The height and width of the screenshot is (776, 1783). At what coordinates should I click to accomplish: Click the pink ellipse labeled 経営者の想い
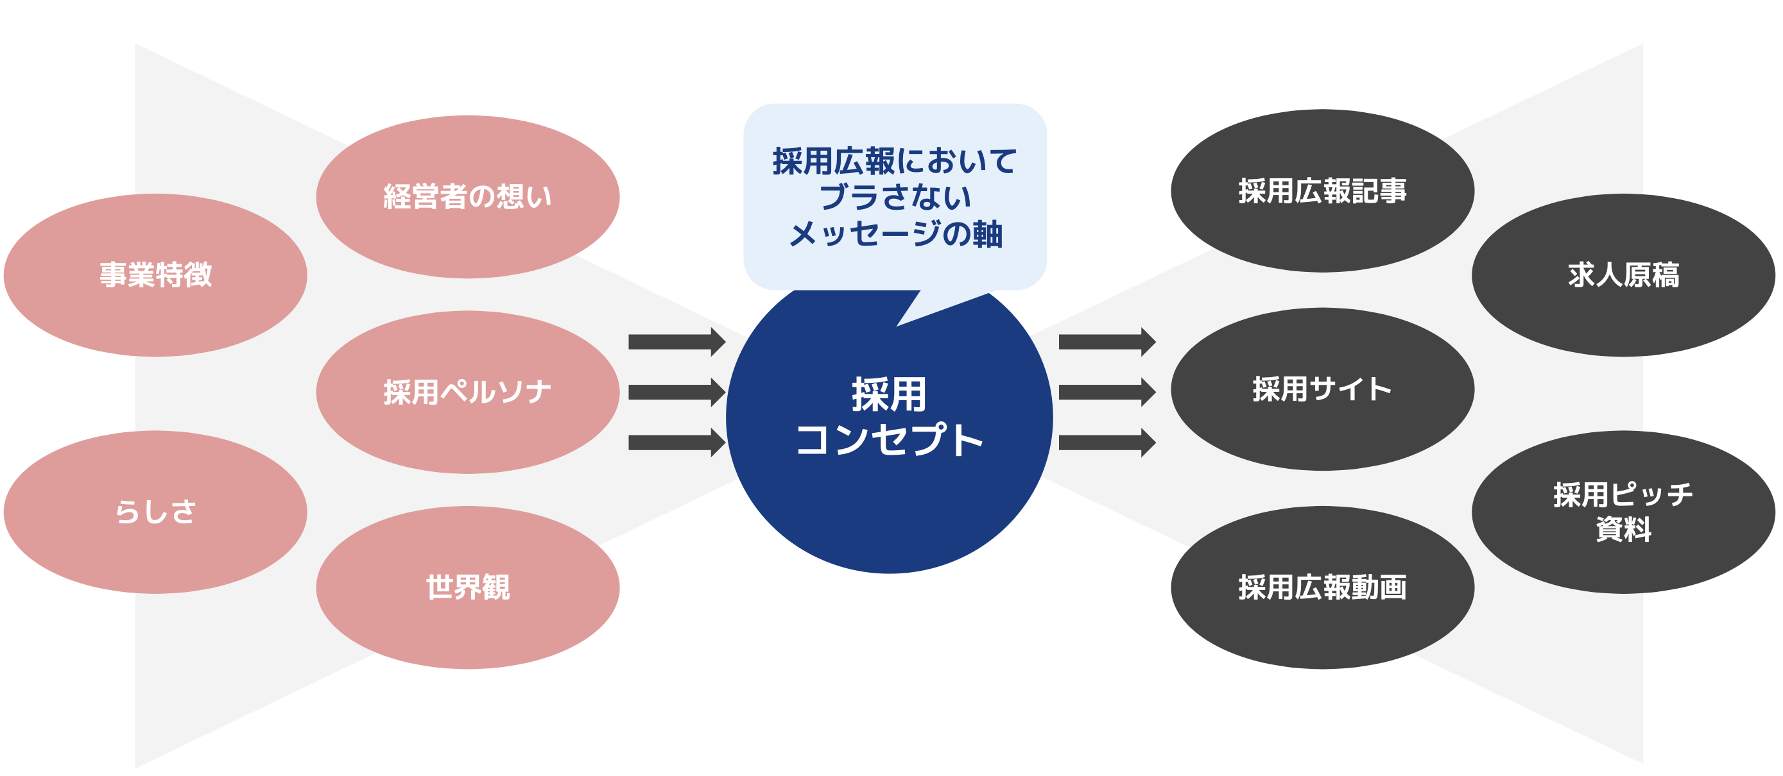[468, 197]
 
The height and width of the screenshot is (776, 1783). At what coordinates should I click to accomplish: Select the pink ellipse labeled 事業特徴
[156, 275]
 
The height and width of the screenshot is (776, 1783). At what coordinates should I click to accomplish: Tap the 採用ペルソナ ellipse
[468, 392]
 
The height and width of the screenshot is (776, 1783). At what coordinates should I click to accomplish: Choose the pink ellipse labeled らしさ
[156, 512]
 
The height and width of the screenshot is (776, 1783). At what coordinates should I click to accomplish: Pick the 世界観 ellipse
[468, 587]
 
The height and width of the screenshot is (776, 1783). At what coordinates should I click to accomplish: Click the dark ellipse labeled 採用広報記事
[1323, 191]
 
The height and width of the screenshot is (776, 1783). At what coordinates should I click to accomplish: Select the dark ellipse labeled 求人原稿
[1624, 275]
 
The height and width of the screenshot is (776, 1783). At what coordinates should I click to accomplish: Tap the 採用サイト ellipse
[1323, 389]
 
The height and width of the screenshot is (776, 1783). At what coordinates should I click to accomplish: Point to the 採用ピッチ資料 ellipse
[1624, 512]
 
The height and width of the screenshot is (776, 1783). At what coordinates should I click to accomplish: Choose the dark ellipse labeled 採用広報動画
[1323, 587]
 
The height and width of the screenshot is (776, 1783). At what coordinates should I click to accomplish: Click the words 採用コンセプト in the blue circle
[890, 417]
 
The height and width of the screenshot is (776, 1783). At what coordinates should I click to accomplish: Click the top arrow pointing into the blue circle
[677, 342]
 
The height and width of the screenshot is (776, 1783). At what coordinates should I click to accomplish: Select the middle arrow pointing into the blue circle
[677, 392]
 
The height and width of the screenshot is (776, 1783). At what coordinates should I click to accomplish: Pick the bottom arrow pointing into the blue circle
[677, 443]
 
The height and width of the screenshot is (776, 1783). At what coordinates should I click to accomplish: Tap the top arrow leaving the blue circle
[1107, 342]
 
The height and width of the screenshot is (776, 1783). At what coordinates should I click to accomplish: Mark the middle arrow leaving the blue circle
[1107, 392]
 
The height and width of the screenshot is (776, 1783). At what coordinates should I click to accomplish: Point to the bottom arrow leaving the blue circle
[1107, 443]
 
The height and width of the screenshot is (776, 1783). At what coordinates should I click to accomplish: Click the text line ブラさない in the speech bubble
[895, 197]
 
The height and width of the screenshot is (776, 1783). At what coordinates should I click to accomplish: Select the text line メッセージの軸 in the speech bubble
[895, 234]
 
